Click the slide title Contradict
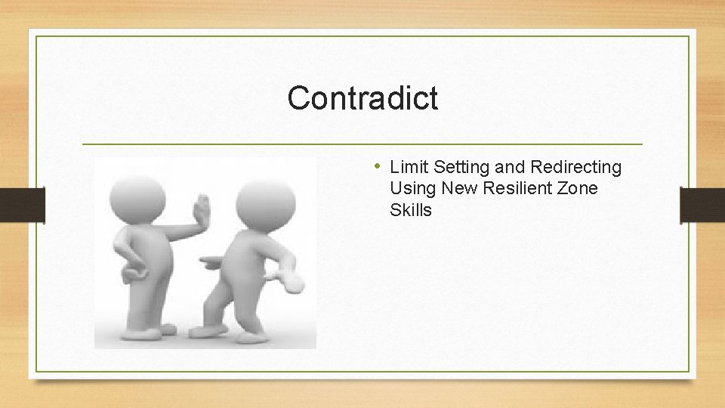[362, 98]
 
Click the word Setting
[462, 167]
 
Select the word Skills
[411, 210]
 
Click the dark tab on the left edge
[23, 205]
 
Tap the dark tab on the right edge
[702, 205]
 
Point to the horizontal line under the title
[362, 144]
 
